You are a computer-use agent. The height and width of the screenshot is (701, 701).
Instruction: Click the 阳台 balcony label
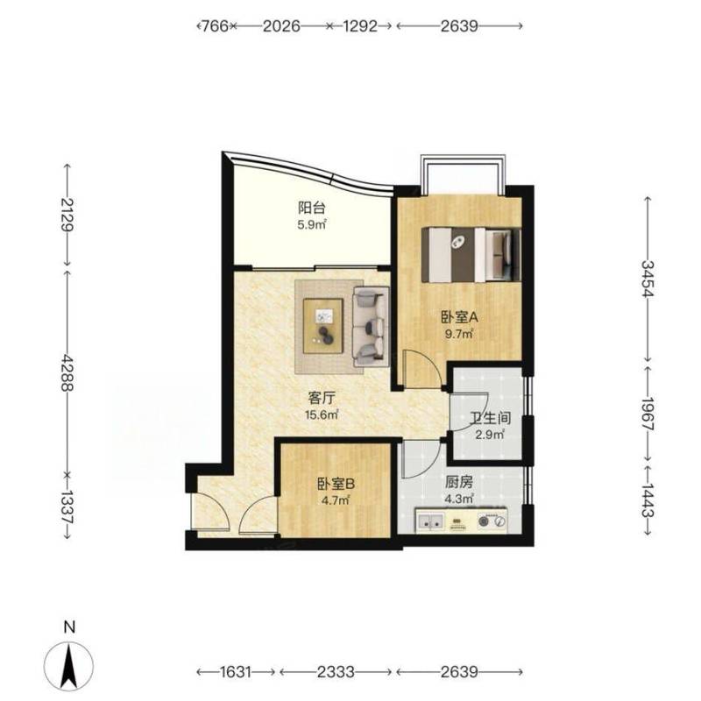click(x=312, y=208)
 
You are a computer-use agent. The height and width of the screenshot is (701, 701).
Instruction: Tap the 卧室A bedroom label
click(x=459, y=318)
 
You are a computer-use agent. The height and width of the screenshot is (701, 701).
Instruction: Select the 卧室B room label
click(x=336, y=484)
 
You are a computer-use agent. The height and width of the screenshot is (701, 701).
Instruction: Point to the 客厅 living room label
click(x=322, y=398)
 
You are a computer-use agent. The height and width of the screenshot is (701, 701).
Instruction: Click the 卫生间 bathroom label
click(x=491, y=419)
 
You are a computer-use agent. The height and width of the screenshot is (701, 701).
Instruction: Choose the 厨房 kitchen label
click(x=458, y=482)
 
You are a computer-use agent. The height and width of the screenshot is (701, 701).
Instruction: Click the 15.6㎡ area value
click(x=322, y=414)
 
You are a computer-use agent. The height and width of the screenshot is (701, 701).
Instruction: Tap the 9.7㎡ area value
click(x=459, y=334)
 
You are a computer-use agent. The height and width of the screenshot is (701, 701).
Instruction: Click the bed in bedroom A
click(x=471, y=254)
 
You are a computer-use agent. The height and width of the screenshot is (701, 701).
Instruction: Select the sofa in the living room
click(x=370, y=326)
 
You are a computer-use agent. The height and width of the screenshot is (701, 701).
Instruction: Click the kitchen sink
click(x=430, y=520)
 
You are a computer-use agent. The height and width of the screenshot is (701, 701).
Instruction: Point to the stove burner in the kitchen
click(x=484, y=521)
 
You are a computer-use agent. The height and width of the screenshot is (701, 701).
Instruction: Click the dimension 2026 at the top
click(x=281, y=26)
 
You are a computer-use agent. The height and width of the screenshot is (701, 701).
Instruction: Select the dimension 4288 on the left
click(x=67, y=372)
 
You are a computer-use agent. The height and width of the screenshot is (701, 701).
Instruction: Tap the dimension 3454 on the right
click(x=648, y=279)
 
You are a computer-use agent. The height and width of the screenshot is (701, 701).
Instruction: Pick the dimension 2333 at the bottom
click(x=336, y=672)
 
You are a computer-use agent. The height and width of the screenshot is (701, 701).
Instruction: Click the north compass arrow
click(x=69, y=667)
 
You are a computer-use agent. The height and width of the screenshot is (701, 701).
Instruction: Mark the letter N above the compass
click(x=69, y=627)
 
